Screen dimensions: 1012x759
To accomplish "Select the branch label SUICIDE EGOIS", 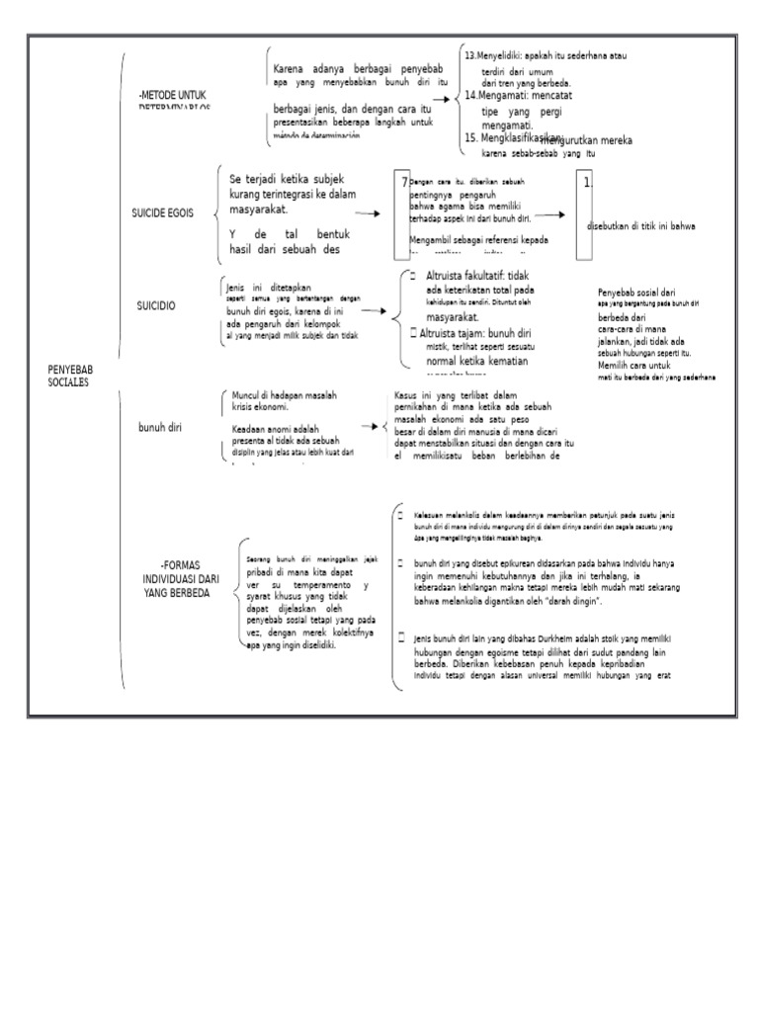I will [x=163, y=212].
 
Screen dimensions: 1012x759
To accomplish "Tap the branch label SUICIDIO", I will [x=156, y=307].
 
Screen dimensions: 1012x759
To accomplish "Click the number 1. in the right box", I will [x=587, y=183].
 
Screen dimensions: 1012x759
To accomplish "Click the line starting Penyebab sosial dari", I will [x=636, y=294].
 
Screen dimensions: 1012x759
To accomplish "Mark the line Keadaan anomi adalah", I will [x=273, y=429].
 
